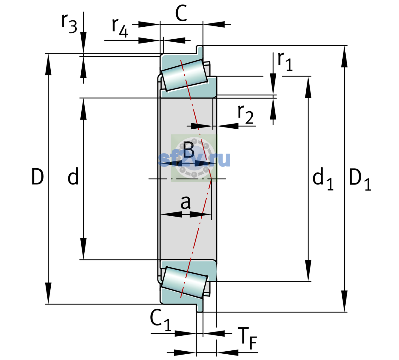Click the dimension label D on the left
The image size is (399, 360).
37,177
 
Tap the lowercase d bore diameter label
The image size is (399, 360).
73,176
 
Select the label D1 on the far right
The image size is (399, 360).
360,179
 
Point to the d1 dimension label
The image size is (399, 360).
323,178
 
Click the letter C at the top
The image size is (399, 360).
181,13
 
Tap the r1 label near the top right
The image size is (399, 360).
285,61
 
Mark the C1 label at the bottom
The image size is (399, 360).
160,320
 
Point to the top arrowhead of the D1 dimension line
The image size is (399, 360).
344,57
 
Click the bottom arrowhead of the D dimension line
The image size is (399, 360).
48,293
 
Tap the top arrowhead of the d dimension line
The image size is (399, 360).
83,109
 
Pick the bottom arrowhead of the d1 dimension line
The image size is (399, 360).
308,271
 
